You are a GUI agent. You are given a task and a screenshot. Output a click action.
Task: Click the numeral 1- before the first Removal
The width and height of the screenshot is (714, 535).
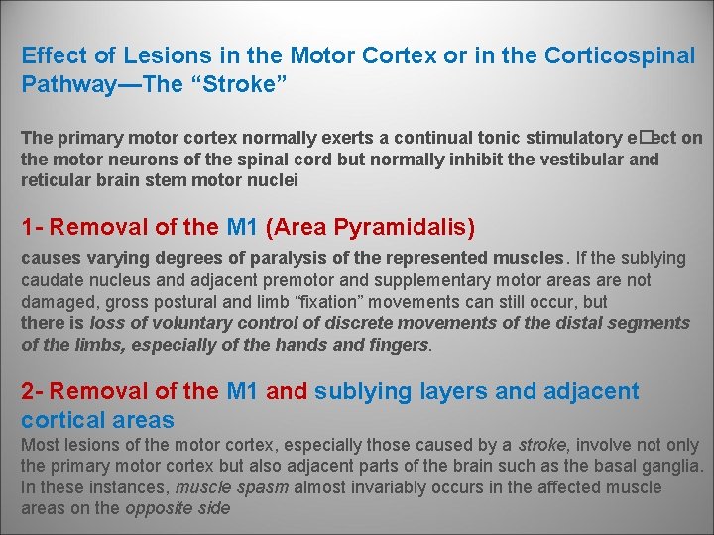click(33, 228)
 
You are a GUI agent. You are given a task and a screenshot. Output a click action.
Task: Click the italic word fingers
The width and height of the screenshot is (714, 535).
click(400, 345)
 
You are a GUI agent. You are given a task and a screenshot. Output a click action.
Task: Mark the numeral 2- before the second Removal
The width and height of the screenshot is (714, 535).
click(33, 392)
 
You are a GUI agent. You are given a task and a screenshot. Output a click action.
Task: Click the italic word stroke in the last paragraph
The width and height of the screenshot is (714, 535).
click(542, 445)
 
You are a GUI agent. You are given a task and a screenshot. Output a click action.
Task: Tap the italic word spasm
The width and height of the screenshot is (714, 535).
click(261, 487)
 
